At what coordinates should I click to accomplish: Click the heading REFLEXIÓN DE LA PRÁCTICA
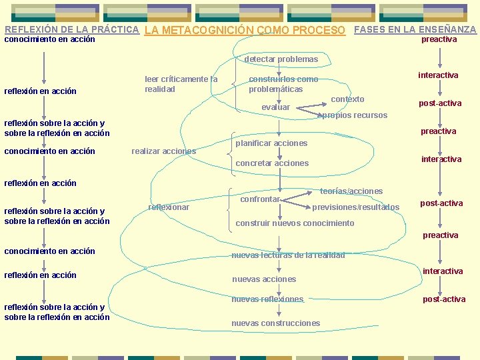tap(71, 29)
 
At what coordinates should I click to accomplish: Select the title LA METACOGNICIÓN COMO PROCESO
tap(245, 31)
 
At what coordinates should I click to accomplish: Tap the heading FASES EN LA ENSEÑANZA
tap(415, 29)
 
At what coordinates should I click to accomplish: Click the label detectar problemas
tap(281, 59)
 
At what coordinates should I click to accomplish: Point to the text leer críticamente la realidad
tap(181, 84)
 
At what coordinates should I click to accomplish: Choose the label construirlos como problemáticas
tap(283, 84)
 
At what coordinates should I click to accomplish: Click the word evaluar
tap(275, 107)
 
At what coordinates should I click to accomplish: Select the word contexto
tap(347, 99)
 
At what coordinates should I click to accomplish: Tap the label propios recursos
tap(353, 115)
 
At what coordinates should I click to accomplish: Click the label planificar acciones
tap(271, 143)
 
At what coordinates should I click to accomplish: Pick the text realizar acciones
tap(164, 151)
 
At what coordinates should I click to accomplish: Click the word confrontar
tap(259, 199)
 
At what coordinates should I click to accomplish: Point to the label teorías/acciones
tap(351, 191)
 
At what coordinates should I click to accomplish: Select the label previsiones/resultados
tap(356, 207)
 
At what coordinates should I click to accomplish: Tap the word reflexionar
tap(169, 207)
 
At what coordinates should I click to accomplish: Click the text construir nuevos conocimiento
tap(295, 223)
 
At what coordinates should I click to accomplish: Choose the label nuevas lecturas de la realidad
tap(288, 255)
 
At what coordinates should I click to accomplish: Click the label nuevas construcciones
tap(275, 323)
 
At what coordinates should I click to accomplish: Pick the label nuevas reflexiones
tap(267, 299)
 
